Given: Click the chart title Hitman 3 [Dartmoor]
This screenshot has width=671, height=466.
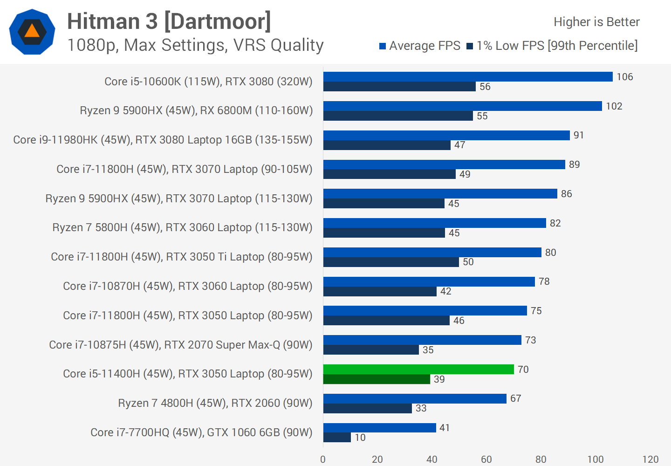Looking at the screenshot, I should (169, 21).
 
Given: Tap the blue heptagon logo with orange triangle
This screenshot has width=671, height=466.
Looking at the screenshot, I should (32, 32).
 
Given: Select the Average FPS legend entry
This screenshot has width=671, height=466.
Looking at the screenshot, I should (419, 46).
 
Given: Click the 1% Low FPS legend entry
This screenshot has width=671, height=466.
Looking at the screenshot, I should (552, 46).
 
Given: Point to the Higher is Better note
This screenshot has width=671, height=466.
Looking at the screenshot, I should (596, 22).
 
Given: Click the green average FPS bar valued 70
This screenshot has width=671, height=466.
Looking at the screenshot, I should (418, 370).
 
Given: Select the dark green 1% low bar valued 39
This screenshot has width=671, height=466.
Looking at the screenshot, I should (377, 379).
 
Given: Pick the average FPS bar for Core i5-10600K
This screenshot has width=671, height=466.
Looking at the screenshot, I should (468, 77).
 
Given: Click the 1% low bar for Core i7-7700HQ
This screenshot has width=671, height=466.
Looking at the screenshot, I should (337, 438).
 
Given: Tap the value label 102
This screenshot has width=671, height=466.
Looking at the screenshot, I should (614, 106).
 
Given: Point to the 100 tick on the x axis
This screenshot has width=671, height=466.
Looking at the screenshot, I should (596, 459).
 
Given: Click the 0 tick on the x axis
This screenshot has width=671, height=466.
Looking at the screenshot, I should (323, 459).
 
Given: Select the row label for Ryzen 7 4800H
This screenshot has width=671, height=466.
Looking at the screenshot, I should (215, 403).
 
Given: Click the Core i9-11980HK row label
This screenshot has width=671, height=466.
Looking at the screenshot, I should (163, 140).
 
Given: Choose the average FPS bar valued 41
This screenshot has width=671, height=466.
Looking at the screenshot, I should (379, 428).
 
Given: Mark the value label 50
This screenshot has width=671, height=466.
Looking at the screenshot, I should (468, 262).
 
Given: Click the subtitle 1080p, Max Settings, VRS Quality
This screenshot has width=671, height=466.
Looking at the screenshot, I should (195, 45).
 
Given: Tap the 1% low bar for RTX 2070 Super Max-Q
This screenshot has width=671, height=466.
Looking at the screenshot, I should (371, 350).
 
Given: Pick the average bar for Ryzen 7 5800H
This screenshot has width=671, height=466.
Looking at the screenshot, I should (434, 223).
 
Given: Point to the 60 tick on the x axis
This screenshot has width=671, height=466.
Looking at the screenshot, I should (486, 459).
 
